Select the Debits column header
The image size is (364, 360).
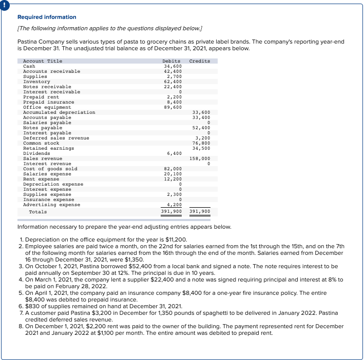tap(171, 61)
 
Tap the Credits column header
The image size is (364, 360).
tap(199, 61)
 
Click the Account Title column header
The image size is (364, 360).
tap(43, 61)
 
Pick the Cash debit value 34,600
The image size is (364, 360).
tap(172, 66)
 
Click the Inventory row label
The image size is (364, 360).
tap(36, 82)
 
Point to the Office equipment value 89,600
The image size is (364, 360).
tap(172, 107)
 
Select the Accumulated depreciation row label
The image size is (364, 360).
tap(59, 112)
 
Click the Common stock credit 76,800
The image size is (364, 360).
tap(201, 143)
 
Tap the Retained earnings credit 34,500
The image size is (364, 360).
tap(201, 148)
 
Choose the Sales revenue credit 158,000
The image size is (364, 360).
tap(199, 158)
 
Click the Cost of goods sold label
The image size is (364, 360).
tap(50, 169)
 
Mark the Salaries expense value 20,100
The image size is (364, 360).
tap(172, 174)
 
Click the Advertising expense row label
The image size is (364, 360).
tap(52, 205)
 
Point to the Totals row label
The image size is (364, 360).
tap(37, 212)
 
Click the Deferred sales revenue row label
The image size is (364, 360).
tap(56, 138)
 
